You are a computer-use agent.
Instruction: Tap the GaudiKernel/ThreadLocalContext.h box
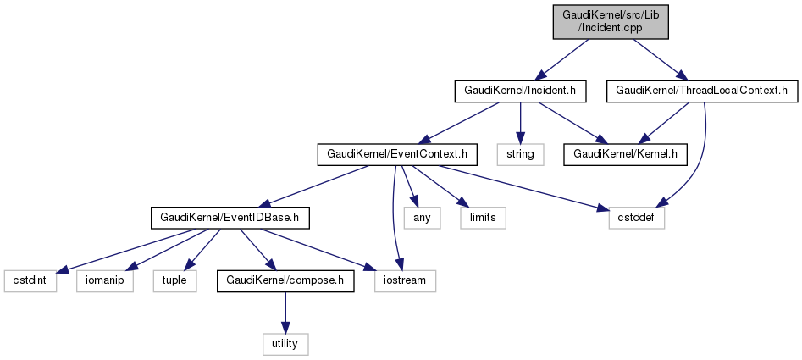703,89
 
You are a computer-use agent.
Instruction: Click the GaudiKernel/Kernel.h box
626,153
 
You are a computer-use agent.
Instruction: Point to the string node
520,153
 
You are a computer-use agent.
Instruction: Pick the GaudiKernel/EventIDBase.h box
230,218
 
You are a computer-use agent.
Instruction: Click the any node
421,218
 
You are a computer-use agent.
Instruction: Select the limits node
483,218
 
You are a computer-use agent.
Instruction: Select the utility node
285,344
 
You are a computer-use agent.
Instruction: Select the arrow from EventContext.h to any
410,186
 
